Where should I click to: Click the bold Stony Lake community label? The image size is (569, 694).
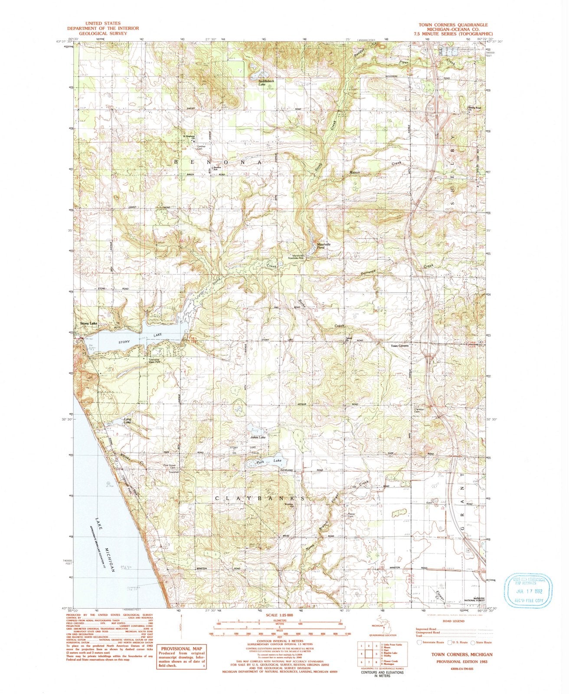click(x=89, y=324)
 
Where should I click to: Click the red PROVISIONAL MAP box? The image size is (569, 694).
click(x=182, y=658)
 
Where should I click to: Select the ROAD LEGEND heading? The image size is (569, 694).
click(x=453, y=621)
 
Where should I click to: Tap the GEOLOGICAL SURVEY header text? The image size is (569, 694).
click(x=103, y=33)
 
